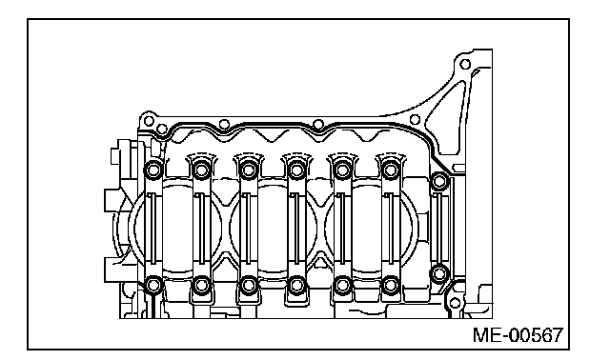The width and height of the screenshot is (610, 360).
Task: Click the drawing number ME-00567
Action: pyautogui.click(x=518, y=335)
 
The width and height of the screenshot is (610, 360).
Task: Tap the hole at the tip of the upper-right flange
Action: pyautogui.click(x=465, y=64)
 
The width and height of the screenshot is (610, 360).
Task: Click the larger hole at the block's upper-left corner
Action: pyautogui.click(x=149, y=121)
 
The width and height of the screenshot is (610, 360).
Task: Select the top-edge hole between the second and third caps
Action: pyautogui.click(x=224, y=125)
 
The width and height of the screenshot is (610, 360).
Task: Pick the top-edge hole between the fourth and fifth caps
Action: pyautogui.click(x=318, y=125)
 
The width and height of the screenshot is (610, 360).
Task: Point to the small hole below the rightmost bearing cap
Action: pyautogui.click(x=455, y=303)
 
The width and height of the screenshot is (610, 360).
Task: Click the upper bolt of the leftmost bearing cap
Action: pyautogui.click(x=153, y=170)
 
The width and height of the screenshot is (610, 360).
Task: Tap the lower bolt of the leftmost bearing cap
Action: pyautogui.click(x=153, y=285)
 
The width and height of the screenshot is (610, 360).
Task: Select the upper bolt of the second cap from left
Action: pyautogui.click(x=201, y=170)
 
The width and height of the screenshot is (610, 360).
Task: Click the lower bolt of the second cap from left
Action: pyautogui.click(x=201, y=285)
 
